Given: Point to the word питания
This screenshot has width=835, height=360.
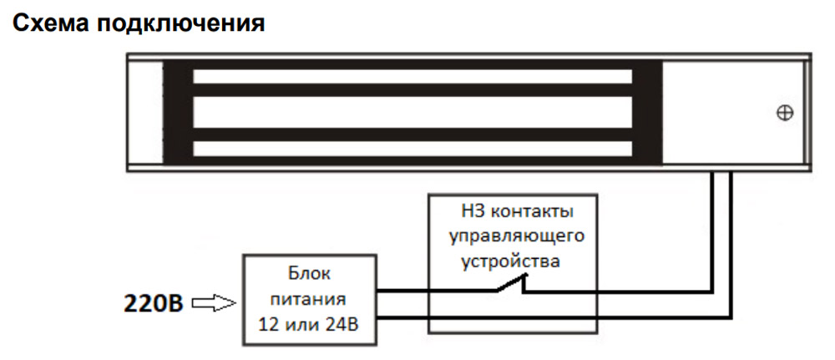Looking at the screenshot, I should (308, 297).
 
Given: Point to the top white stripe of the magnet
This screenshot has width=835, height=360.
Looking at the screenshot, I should (412, 77).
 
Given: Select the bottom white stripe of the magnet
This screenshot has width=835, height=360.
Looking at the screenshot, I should (412, 150).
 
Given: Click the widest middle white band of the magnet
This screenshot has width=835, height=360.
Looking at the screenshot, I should (412, 113).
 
